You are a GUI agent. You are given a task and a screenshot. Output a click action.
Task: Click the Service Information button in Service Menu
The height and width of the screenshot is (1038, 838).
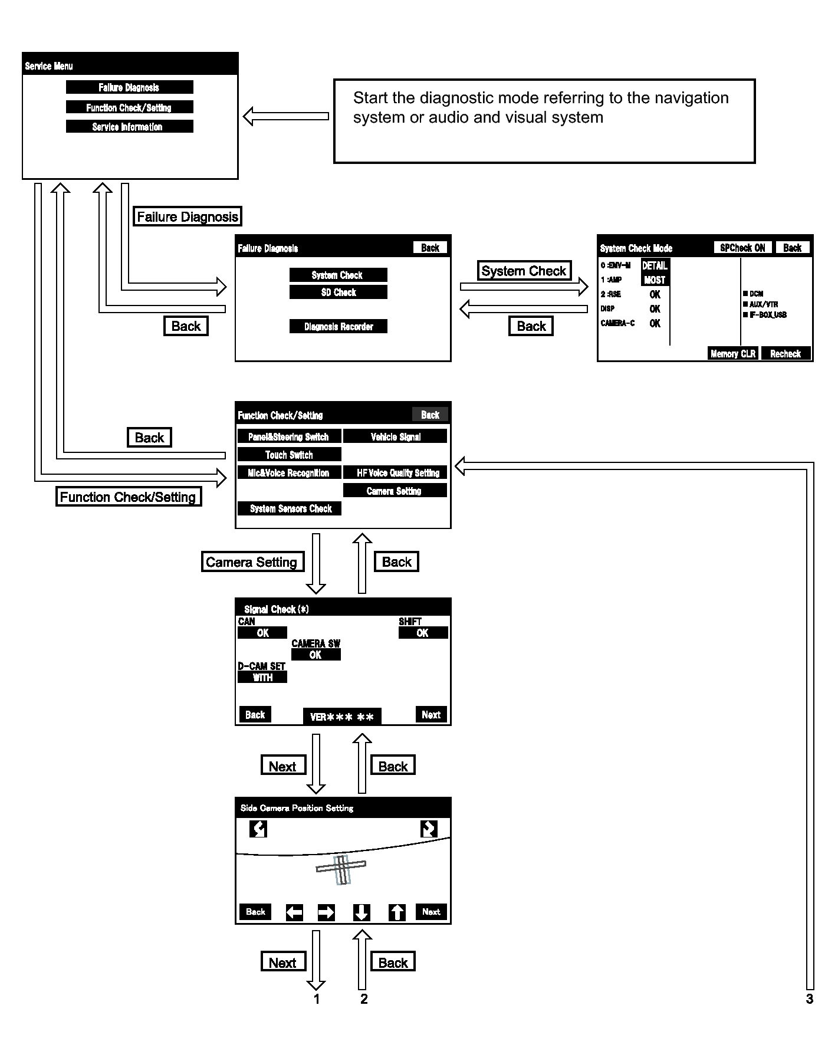tap(129, 127)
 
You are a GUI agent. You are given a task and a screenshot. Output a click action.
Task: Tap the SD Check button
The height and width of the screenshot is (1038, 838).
tap(338, 293)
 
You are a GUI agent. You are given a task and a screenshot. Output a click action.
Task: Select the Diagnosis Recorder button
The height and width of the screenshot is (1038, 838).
tap(338, 327)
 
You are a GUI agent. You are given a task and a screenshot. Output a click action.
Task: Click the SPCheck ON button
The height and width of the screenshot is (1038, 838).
tap(742, 248)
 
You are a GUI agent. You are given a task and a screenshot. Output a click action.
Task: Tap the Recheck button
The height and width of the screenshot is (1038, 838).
tap(785, 354)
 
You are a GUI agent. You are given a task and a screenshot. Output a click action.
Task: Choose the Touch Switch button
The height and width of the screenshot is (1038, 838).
tap(289, 455)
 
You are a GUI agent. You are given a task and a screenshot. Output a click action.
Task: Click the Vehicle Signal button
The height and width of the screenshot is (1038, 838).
tap(395, 437)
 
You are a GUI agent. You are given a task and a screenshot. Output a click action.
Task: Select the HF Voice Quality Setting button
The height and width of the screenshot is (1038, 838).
tap(395, 473)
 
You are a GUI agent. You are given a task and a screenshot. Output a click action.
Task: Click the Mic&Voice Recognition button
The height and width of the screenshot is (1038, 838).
tap(289, 473)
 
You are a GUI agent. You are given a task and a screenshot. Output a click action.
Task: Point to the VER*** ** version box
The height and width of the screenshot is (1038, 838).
tap(341, 717)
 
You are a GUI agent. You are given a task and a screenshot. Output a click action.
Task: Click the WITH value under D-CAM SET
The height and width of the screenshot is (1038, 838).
tap(262, 678)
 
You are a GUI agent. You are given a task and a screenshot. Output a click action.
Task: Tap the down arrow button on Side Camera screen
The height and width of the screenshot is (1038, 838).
tap(362, 912)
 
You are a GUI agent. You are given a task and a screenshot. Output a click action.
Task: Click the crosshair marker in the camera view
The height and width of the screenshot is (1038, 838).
tap(341, 869)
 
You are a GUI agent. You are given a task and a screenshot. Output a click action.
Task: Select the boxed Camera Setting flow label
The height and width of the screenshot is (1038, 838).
tap(252, 562)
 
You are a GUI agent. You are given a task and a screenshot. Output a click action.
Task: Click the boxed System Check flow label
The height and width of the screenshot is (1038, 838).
tap(524, 271)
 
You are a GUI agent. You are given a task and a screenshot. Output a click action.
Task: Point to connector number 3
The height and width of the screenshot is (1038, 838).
tap(810, 999)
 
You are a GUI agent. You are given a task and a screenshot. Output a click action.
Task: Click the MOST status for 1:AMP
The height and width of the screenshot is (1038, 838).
tap(655, 280)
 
